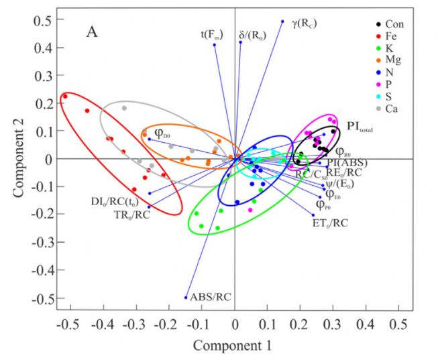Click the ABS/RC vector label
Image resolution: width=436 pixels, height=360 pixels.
[x=211, y=296]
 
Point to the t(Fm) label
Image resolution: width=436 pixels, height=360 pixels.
[x=214, y=33]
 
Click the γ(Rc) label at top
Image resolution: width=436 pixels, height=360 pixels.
[x=304, y=23]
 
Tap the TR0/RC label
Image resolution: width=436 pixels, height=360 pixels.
[x=130, y=215]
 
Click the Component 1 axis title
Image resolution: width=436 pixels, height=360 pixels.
[x=232, y=346]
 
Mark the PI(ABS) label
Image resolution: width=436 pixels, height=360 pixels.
[x=343, y=162]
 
